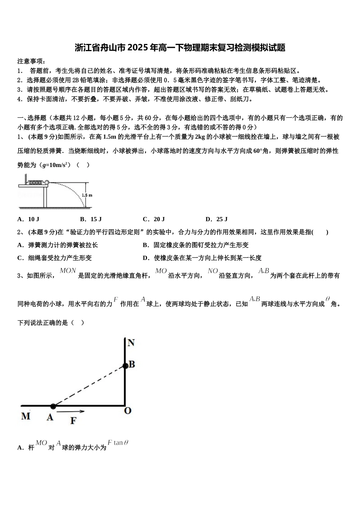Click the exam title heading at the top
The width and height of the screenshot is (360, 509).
[180, 48]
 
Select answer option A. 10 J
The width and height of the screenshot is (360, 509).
[28, 219]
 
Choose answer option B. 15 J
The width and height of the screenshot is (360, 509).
[91, 219]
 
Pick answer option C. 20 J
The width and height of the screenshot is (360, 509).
[153, 219]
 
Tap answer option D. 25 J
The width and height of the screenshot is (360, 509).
[216, 219]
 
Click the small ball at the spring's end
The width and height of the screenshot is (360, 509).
[47, 182]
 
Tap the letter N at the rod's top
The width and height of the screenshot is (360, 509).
[131, 343]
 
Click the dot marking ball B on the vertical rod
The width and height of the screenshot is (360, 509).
[125, 365]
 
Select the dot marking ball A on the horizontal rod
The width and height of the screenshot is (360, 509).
[53, 406]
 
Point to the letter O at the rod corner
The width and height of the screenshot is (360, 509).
[128, 411]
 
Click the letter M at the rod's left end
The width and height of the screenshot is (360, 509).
[26, 416]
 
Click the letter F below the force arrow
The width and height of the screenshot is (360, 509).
[73, 420]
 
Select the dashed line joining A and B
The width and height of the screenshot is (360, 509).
[89, 386]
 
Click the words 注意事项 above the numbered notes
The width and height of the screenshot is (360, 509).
[32, 61]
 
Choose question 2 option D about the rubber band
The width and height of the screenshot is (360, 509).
[202, 258]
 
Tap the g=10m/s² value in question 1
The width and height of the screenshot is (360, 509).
[55, 165]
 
